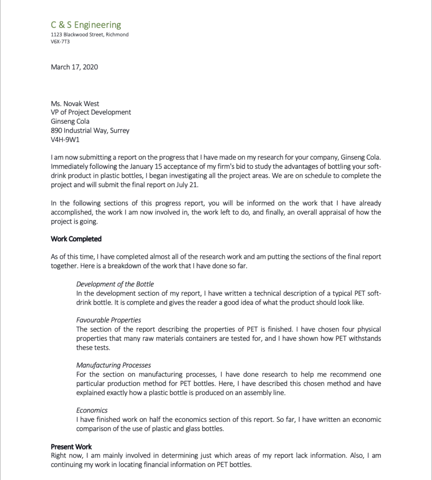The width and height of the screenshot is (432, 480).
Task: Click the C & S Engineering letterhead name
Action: [86, 25]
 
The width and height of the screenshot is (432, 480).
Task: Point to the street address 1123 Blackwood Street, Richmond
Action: [90, 35]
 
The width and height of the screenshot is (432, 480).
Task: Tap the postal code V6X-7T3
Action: [60, 41]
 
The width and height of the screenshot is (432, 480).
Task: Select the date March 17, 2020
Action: [74, 67]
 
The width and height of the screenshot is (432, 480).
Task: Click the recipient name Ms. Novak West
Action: [75, 104]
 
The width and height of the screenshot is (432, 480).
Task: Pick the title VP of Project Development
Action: [91, 112]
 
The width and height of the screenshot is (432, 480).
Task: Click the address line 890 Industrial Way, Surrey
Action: [90, 130]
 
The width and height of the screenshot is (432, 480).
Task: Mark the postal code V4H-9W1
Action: [65, 139]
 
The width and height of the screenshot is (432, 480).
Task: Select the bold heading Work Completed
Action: [76, 239]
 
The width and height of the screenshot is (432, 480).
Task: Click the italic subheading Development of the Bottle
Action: [115, 284]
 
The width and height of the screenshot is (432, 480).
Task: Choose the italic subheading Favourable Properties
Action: [108, 320]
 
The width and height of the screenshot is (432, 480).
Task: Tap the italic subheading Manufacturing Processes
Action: [114, 365]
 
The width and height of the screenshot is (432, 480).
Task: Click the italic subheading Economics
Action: [92, 410]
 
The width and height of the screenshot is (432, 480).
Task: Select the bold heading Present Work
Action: [71, 447]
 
